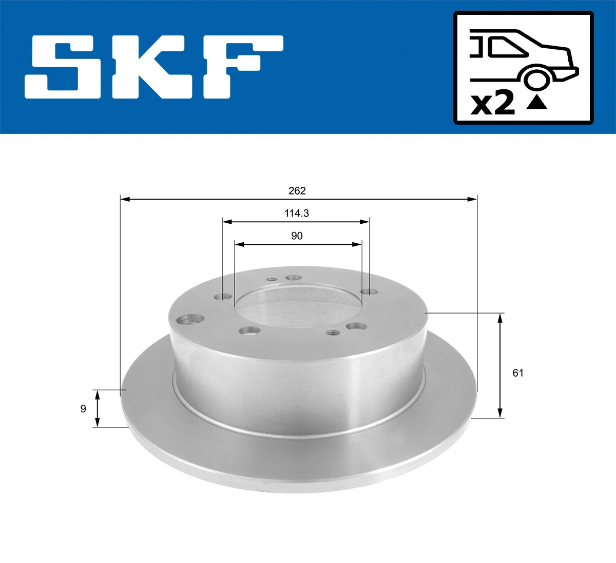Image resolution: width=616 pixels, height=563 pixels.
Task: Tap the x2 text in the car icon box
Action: point(493,103)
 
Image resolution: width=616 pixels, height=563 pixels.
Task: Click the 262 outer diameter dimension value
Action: point(297,191)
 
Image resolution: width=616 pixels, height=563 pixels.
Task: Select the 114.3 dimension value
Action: point(297,213)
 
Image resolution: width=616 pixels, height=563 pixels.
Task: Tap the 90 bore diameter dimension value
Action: point(297,236)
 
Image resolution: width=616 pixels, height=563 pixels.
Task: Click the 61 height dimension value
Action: point(518,373)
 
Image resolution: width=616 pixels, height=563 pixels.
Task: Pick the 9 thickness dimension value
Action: point(83,409)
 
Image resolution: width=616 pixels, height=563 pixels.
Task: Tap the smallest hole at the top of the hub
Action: point(272,280)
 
